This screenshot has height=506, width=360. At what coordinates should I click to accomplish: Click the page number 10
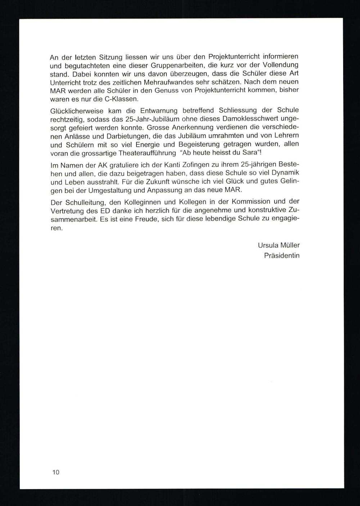pyautogui.click(x=56, y=472)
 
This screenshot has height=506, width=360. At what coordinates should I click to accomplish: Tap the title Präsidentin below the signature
pyautogui.click(x=282, y=256)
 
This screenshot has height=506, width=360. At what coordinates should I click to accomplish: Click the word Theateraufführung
pyautogui.click(x=143, y=153)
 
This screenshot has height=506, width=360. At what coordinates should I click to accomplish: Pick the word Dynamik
pyautogui.click(x=286, y=173)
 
